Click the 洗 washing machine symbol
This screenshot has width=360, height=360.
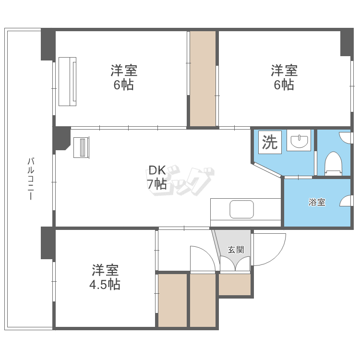270,143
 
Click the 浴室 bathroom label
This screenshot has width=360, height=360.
317,202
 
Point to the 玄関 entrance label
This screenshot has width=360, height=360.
236,250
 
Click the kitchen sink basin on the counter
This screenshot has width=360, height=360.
241,209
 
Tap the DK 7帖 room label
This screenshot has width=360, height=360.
157,177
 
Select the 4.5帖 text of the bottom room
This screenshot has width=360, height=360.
105,285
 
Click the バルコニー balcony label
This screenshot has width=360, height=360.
30,179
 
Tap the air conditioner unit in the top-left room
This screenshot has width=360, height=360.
67,81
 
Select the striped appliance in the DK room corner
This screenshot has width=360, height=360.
81,147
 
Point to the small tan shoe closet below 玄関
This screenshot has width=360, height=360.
235,284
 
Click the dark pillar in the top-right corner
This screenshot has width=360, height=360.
347,42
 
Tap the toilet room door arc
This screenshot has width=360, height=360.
346,137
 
